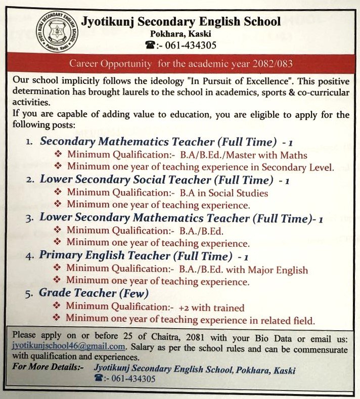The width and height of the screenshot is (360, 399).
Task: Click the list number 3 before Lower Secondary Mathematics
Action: [29, 218]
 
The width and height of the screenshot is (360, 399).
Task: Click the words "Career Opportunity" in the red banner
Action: [110, 64]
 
